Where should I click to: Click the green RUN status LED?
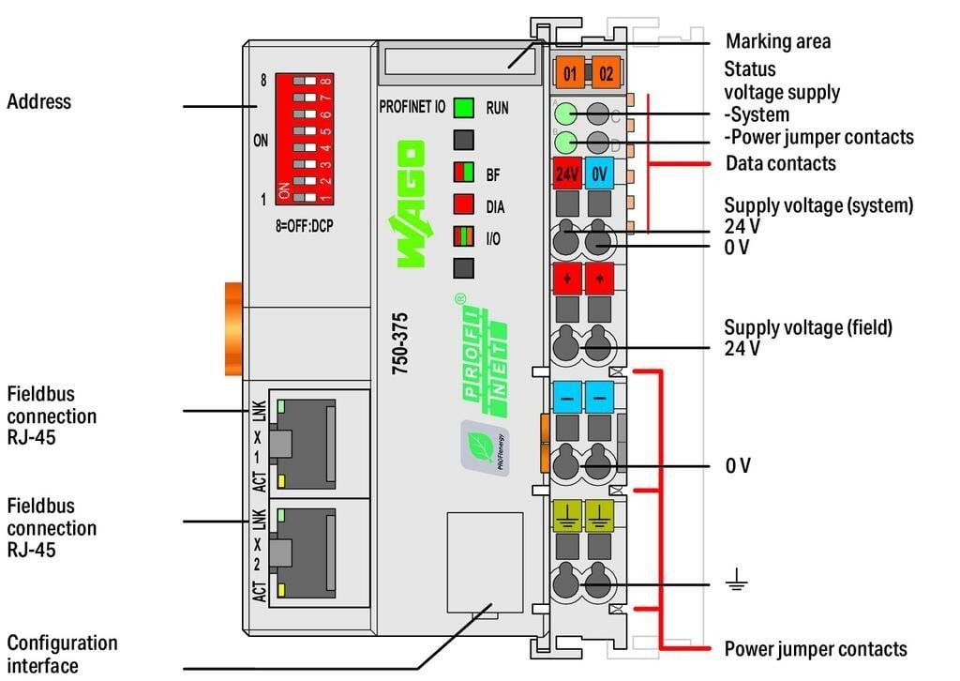coord(463,108)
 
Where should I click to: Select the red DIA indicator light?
coord(463,205)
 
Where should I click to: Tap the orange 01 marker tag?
coord(569,70)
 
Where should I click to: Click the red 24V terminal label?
coord(566,174)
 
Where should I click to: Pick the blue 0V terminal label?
coord(600,174)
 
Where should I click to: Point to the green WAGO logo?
coord(411,204)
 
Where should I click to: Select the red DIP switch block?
coord(304,141)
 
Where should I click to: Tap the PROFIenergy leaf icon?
coord(485,447)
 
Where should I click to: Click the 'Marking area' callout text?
coord(778,41)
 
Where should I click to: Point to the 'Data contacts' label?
coord(780,163)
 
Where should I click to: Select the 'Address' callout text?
coord(38,101)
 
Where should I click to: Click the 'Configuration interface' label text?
coord(62,654)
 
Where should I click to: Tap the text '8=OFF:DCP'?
coord(303,225)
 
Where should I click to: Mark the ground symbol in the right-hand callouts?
coord(737,583)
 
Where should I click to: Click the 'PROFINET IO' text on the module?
coord(412,107)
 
